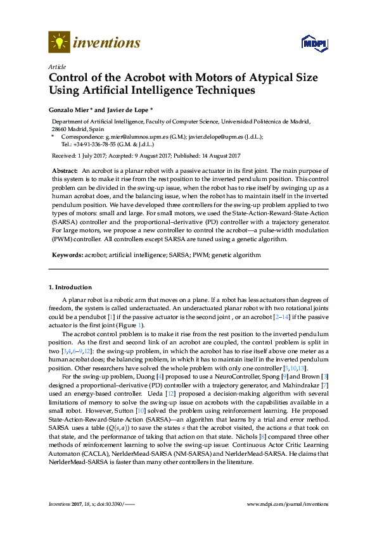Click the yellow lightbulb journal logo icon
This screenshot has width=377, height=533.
58,42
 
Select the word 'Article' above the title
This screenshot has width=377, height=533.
56,66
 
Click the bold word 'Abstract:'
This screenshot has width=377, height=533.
65,172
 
